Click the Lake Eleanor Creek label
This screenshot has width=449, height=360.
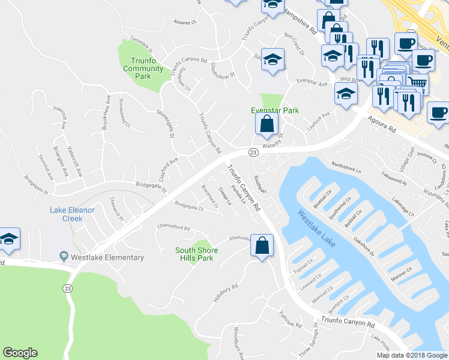click(73, 214)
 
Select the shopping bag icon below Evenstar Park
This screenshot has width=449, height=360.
click(266, 125)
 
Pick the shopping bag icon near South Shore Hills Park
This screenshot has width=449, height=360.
click(262, 246)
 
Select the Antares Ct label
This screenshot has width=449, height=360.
click(184, 22)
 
